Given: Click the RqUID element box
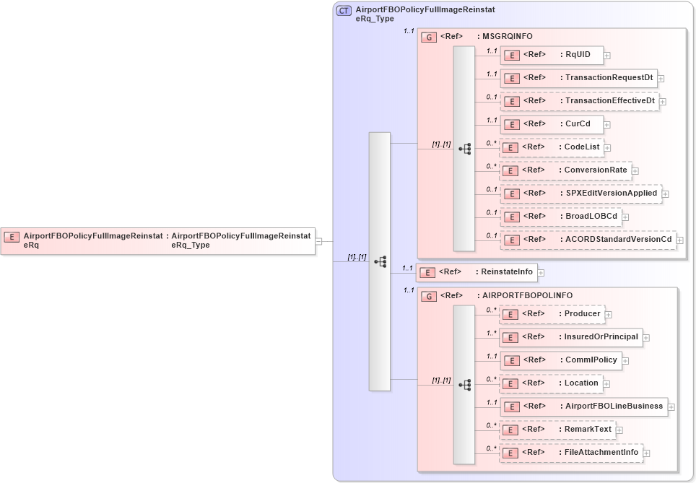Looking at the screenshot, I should [x=552, y=55].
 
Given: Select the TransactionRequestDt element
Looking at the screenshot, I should [x=578, y=78].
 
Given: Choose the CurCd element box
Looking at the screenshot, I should [x=552, y=124].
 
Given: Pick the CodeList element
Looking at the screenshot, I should [x=552, y=147].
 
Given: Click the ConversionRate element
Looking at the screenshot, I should [x=565, y=170].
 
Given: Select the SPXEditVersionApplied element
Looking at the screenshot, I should [x=580, y=193].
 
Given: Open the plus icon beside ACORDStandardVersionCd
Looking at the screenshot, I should [x=679, y=240].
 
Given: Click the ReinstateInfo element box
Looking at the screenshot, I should [x=477, y=272].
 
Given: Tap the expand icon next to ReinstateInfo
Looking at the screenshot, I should [x=541, y=273].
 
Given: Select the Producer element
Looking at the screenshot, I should [x=552, y=314].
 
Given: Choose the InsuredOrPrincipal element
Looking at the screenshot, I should [x=570, y=337].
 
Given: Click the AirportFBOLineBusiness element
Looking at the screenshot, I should [x=583, y=406].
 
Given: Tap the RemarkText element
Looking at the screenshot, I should [x=557, y=430].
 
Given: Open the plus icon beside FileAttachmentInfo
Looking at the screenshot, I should [x=647, y=453].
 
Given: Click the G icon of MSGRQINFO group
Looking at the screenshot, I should [x=429, y=37].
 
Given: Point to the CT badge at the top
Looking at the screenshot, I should [x=344, y=12].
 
